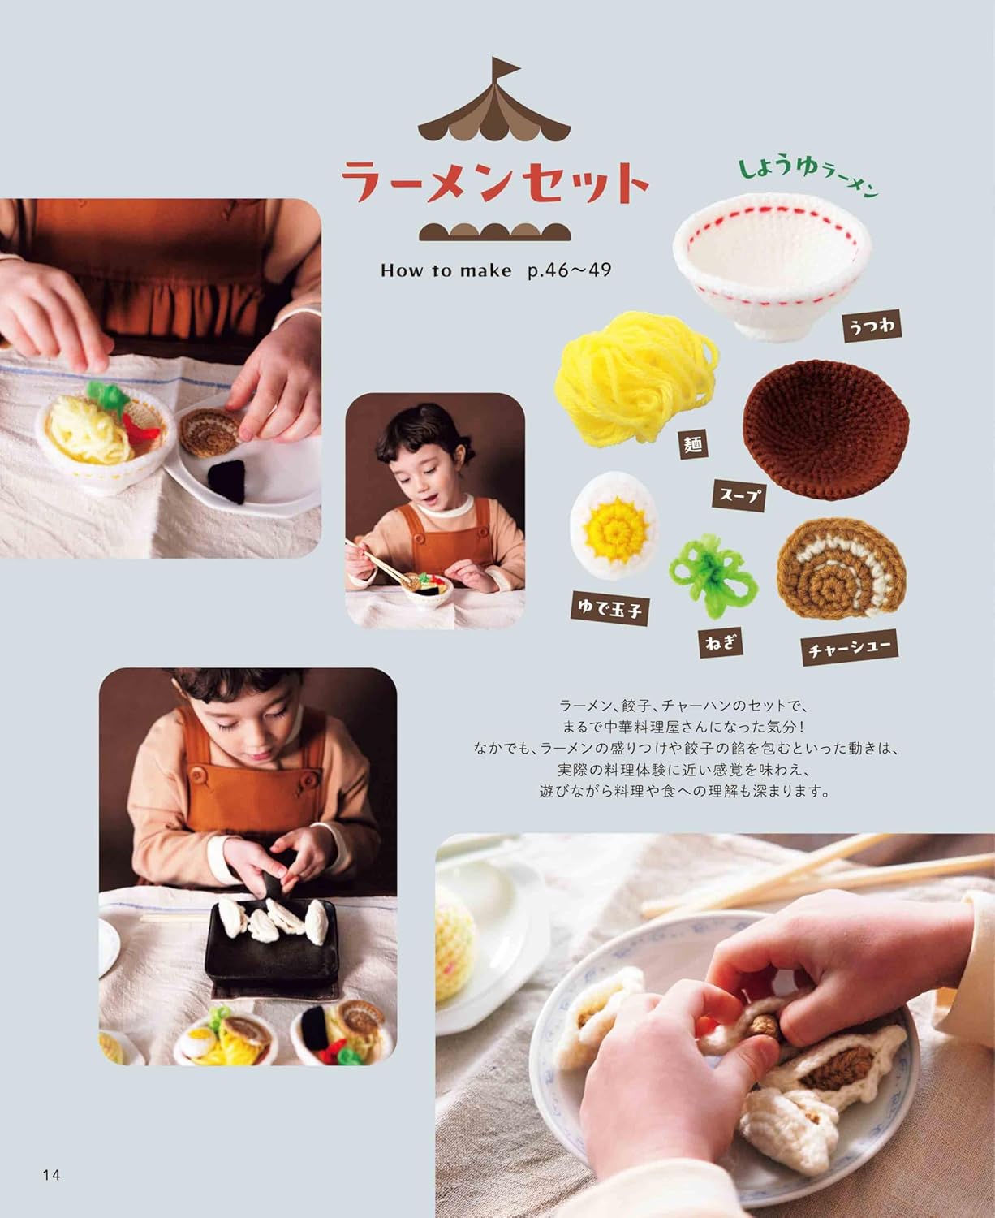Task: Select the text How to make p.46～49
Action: [495, 270]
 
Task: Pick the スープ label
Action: [739, 492]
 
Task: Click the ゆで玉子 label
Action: [609, 606]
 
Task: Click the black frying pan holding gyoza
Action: [268, 947]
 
